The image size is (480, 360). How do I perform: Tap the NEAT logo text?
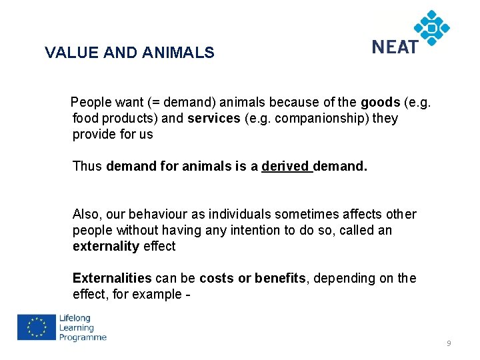(395, 47)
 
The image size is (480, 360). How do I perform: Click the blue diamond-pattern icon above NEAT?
(432, 27)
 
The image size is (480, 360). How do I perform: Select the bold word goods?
(380, 102)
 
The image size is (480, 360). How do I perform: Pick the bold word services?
(213, 118)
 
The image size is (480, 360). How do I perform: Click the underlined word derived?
(285, 166)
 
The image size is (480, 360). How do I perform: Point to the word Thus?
(87, 166)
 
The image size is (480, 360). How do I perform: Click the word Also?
(87, 214)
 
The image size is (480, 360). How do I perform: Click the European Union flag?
(37, 327)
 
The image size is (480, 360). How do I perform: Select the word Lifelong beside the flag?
(75, 318)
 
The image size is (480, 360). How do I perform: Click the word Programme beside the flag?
(83, 337)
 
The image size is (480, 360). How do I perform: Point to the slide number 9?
(449, 343)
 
